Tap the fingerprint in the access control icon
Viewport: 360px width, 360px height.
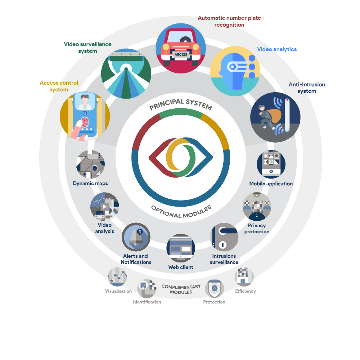click(85, 122)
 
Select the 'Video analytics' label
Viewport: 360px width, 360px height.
click(277, 49)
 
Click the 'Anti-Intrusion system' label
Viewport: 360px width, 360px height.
click(307, 88)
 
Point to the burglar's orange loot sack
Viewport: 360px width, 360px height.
click(275, 117)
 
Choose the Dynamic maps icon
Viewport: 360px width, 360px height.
click(90, 164)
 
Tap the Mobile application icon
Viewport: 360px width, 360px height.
click(271, 164)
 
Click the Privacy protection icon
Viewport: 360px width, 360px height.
click(257, 206)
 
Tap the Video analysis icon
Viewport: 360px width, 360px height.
click(104, 207)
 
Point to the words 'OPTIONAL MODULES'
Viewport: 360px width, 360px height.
click(181, 212)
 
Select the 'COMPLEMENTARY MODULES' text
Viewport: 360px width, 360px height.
click(181, 289)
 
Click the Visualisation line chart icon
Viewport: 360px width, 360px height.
click(117, 277)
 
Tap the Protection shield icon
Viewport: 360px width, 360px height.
click(215, 289)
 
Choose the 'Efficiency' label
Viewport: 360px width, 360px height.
click(245, 291)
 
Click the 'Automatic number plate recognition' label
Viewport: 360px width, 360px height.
click(229, 21)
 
